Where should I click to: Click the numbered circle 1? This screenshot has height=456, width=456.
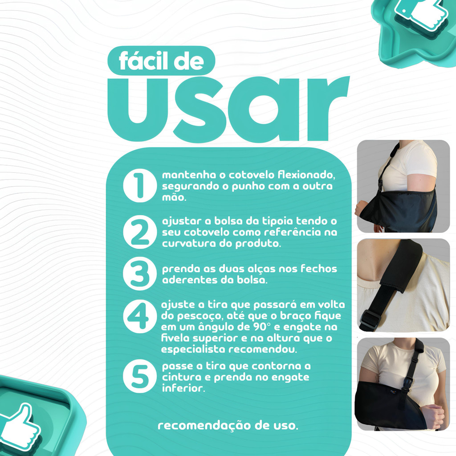(x=140, y=186)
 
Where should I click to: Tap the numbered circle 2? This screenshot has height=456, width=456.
(x=140, y=232)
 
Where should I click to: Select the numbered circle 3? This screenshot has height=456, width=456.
(x=140, y=273)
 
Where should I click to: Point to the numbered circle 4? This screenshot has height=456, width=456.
(x=140, y=316)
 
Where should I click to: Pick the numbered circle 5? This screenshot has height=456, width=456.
(x=140, y=376)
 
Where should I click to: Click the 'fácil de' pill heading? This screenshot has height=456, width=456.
(x=161, y=61)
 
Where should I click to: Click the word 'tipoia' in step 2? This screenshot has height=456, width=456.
(x=278, y=221)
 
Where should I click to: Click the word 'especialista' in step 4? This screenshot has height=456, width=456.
(x=193, y=349)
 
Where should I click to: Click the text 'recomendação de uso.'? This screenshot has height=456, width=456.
(x=228, y=425)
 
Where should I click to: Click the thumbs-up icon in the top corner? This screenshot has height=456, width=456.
(x=422, y=15)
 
